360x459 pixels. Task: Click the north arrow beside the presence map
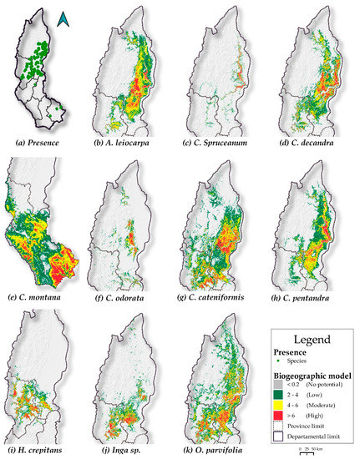click(63, 18)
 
